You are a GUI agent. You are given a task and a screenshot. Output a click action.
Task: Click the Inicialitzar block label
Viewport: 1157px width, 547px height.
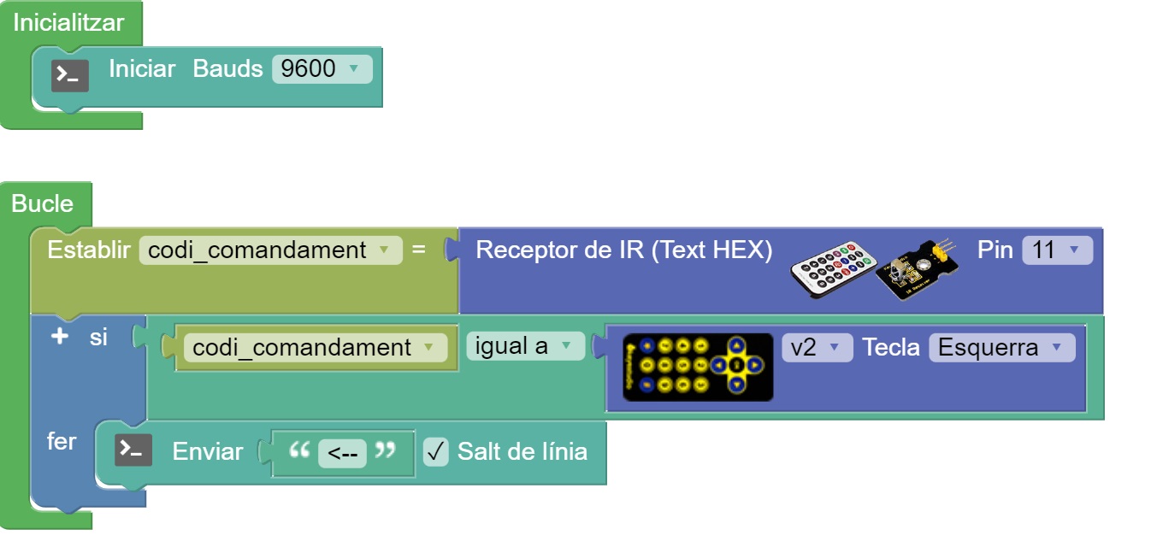(x=68, y=23)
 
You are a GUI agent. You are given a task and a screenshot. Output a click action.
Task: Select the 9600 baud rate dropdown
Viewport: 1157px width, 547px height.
(x=322, y=69)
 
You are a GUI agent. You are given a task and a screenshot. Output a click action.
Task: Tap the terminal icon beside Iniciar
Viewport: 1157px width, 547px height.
(x=70, y=76)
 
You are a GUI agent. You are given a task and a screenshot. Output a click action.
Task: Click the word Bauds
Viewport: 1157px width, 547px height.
(x=227, y=69)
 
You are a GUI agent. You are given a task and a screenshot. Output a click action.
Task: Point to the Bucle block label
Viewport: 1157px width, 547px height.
(x=43, y=203)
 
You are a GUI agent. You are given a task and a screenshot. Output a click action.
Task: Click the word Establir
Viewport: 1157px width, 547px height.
(x=88, y=250)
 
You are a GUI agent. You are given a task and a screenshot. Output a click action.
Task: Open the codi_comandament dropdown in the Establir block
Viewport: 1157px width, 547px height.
(x=269, y=250)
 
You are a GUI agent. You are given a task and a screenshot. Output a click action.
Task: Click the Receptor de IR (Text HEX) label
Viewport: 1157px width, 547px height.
(x=623, y=250)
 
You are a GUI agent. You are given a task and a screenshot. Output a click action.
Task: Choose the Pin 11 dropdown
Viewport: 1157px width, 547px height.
(x=1057, y=250)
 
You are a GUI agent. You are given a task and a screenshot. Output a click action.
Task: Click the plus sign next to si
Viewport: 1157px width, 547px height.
(x=59, y=337)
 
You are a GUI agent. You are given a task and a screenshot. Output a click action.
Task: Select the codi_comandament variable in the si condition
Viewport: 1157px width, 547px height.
(x=314, y=348)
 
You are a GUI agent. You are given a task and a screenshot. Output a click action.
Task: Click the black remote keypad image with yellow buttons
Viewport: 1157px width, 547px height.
(x=697, y=368)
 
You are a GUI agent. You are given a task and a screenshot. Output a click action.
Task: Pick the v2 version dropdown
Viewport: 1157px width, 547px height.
(x=817, y=348)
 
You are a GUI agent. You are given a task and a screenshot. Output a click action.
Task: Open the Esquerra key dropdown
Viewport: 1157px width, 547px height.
(x=1001, y=348)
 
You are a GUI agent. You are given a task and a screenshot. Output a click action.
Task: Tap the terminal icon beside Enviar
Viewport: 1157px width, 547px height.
(x=134, y=450)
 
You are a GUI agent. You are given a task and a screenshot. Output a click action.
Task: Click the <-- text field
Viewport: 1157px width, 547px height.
(x=342, y=453)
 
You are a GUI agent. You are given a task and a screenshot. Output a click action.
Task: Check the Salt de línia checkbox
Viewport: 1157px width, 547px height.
(x=435, y=451)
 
